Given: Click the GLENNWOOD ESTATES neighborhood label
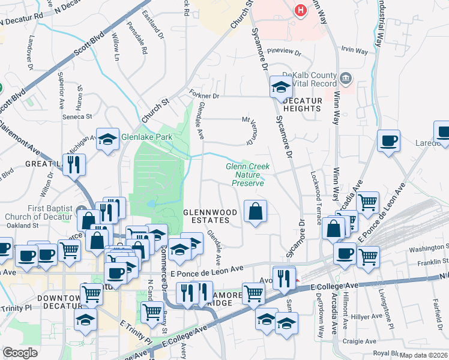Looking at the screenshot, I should pyautogui.click(x=206, y=216).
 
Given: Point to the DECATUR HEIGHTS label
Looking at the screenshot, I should pyautogui.click(x=303, y=104).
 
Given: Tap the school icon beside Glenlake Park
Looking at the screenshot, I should pyautogui.click(x=107, y=140).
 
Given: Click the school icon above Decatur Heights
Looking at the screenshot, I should pyautogui.click(x=280, y=87).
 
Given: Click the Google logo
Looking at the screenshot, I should pyautogui.click(x=20, y=353).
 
